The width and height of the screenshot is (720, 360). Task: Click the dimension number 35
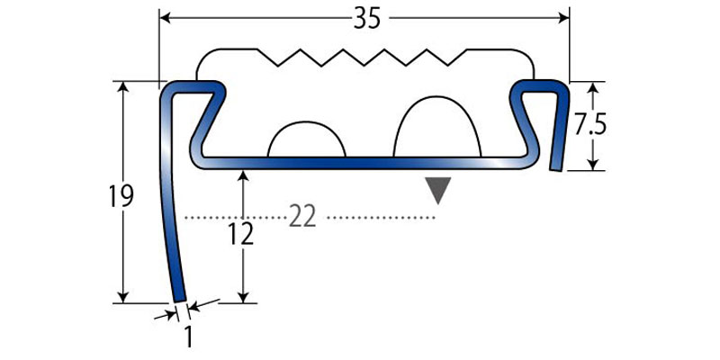(x=367, y=19)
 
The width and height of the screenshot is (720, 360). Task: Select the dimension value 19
(x=121, y=196)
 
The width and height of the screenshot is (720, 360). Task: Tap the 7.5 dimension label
(x=590, y=126)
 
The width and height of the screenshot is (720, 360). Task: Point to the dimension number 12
(x=241, y=235)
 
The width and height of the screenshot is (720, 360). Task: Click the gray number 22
(x=302, y=217)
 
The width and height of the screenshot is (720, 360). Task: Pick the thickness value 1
(x=188, y=337)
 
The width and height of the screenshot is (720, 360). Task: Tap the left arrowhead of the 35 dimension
(x=166, y=18)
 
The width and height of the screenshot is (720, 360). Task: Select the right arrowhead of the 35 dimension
(x=563, y=18)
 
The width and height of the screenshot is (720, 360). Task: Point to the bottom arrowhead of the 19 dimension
(x=122, y=297)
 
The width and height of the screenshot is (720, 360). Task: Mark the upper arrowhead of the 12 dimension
(x=243, y=176)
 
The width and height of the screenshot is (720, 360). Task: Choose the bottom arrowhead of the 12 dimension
(x=243, y=297)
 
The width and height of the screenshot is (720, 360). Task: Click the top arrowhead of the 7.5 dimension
(x=593, y=88)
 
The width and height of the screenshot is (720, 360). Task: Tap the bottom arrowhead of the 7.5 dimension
(x=593, y=164)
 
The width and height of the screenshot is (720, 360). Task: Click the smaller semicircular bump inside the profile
(x=306, y=139)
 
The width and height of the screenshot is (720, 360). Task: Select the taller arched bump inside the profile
(x=437, y=127)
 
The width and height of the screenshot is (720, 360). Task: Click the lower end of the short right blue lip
(x=555, y=170)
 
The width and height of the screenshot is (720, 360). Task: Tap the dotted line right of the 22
(x=381, y=217)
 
